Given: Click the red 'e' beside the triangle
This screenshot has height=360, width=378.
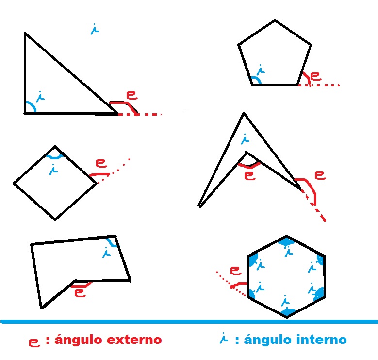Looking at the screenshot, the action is pos(131,94).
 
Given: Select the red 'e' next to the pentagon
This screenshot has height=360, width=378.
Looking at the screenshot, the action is pos(315,76).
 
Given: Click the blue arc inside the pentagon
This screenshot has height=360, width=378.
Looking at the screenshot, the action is pos(256,79).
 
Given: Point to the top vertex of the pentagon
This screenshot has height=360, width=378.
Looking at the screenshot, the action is pos(275,20).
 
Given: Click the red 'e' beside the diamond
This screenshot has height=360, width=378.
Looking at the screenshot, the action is pos(101,163).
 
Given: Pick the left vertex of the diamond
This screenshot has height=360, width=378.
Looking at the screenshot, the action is pos(14,183).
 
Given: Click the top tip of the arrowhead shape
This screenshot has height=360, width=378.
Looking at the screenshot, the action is pos(244,113).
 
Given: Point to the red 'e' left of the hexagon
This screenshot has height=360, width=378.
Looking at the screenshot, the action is pos(235,270).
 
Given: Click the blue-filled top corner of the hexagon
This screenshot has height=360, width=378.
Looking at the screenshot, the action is pos(286,240).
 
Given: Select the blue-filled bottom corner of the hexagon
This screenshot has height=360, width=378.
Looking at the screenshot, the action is pos(287,311).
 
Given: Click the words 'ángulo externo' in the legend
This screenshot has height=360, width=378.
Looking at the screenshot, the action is pos(108,340).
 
